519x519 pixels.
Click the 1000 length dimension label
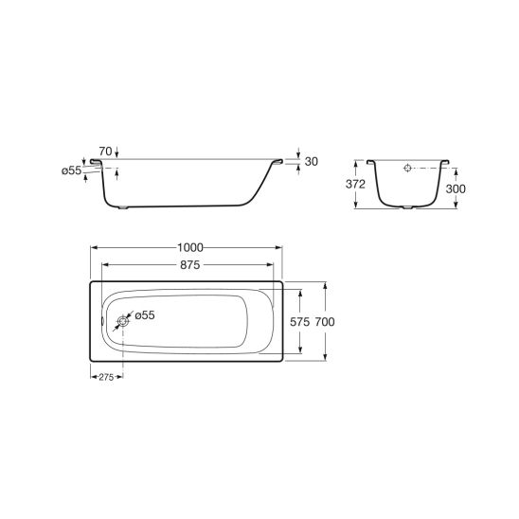click(x=190, y=247)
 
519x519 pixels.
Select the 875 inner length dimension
click(x=190, y=265)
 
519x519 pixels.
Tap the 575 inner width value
click(x=299, y=322)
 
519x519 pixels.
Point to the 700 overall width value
click(x=325, y=322)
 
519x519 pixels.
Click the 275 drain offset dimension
click(x=106, y=377)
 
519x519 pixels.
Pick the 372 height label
click(x=355, y=184)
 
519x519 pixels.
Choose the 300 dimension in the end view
click(x=456, y=189)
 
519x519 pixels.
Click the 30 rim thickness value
click(x=312, y=162)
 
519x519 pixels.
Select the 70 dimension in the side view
click(x=105, y=152)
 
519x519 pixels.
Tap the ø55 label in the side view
click(x=71, y=170)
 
